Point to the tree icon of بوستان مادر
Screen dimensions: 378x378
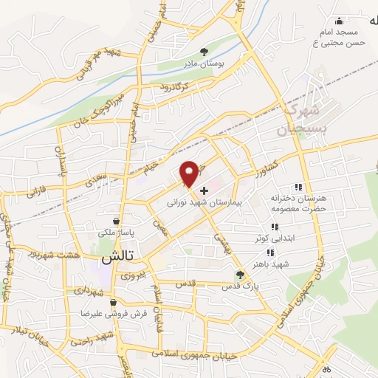[204, 52]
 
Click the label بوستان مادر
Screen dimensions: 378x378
[205, 63]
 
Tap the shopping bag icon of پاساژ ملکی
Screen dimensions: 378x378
[117, 221]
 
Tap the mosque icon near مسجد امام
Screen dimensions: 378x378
[339, 21]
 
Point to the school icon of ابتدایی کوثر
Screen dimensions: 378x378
[274, 227]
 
